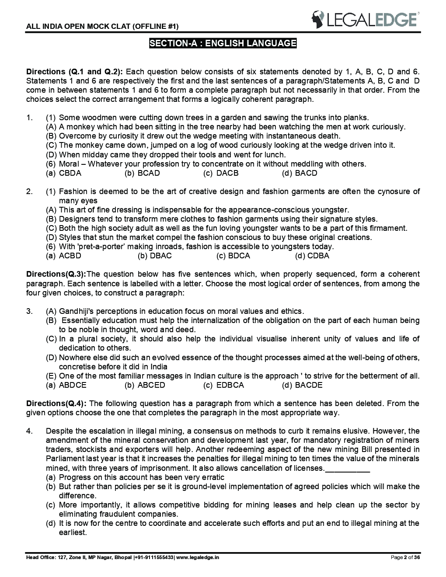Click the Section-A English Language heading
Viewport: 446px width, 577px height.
tap(223, 43)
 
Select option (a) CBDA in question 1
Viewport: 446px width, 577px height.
tap(64, 173)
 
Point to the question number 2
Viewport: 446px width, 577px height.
tap(29, 191)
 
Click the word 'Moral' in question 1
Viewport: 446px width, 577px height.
tap(69, 164)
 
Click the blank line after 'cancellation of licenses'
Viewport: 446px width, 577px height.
tap(348, 468)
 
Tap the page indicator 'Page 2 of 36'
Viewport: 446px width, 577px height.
tap(405, 557)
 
